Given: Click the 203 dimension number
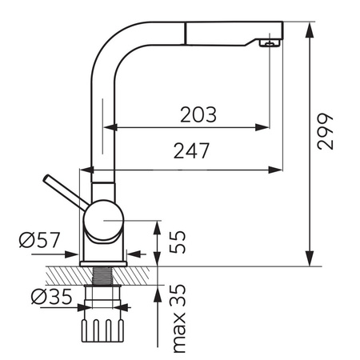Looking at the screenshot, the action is point(198,114).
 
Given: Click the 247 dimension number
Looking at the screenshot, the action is point(191,150).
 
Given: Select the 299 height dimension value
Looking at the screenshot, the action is point(325,131).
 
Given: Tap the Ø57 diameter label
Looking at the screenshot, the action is point(39,240).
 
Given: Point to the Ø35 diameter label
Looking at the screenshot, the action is point(51,296).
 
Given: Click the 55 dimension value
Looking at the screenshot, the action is point(177,242).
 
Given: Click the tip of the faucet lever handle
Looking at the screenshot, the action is point(46,178).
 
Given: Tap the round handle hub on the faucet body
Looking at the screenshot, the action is point(103,220).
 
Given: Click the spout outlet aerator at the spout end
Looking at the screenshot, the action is point(270,42).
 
